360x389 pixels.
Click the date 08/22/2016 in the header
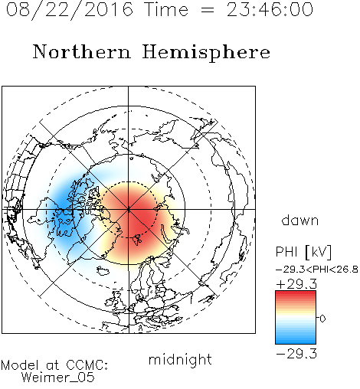click(69, 10)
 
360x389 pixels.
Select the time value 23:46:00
click(270, 10)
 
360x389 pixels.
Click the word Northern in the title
click(82, 51)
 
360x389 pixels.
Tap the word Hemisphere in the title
click(206, 52)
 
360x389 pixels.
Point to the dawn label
click(300, 221)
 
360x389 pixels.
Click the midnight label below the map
click(180, 360)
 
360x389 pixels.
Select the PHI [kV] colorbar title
click(303, 252)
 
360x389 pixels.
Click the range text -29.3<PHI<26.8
click(317, 270)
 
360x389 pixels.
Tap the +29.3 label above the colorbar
click(296, 284)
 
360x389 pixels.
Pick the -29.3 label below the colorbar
click(296, 354)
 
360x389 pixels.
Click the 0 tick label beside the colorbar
click(322, 319)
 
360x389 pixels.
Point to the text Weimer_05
click(58, 378)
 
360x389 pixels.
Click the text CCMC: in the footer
click(87, 365)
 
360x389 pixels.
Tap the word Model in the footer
click(20, 365)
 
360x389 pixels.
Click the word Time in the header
click(166, 10)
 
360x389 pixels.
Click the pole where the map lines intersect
click(129, 209)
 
